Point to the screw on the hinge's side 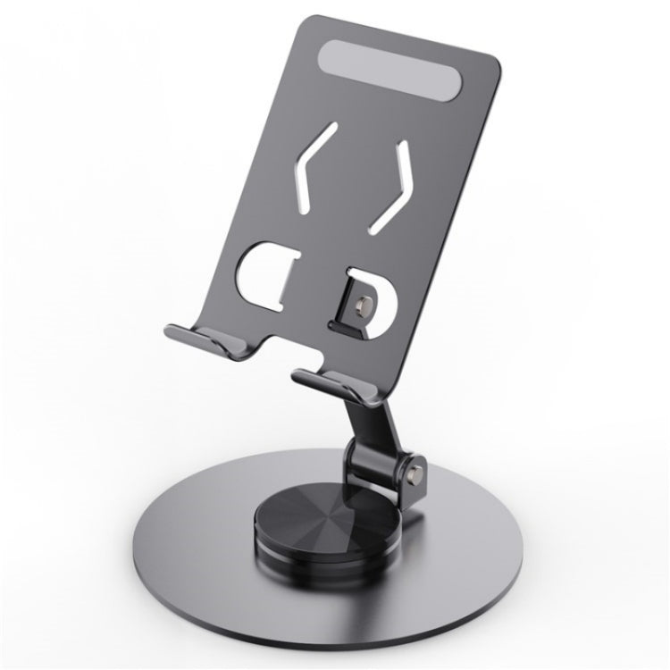(x=414, y=464)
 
